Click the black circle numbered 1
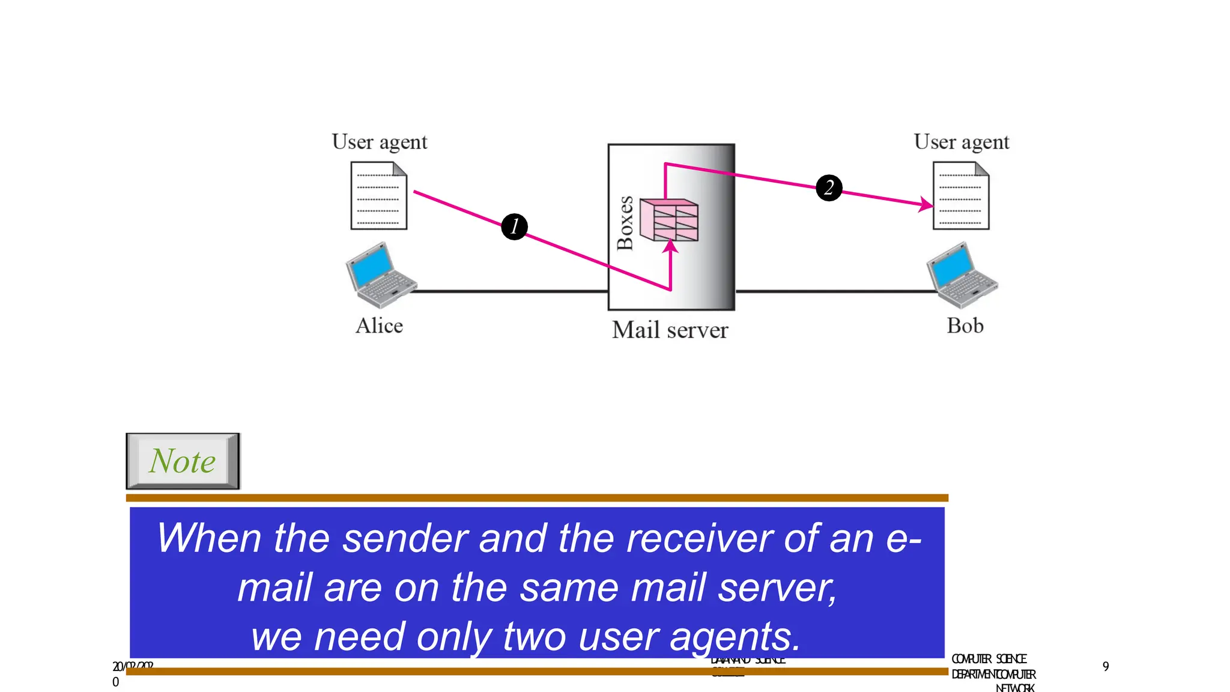pyautogui.click(x=514, y=226)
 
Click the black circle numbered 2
pyautogui.click(x=829, y=187)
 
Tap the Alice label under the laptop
pyautogui.click(x=379, y=326)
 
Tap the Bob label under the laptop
pyautogui.click(x=965, y=326)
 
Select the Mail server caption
pyautogui.click(x=670, y=330)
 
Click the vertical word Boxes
pyautogui.click(x=625, y=222)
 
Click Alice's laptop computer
pyautogui.click(x=380, y=275)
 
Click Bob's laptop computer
pyautogui.click(x=962, y=275)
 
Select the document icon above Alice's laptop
pyautogui.click(x=379, y=196)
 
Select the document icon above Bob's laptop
pyautogui.click(x=961, y=196)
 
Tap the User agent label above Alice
pyautogui.click(x=380, y=142)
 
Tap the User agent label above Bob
pyautogui.click(x=961, y=142)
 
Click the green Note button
pyautogui.click(x=183, y=461)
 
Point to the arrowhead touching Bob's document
pyautogui.click(x=927, y=205)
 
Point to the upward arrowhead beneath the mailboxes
pyautogui.click(x=670, y=246)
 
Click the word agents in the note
pyautogui.click(x=735, y=637)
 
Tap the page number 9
pyautogui.click(x=1106, y=666)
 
